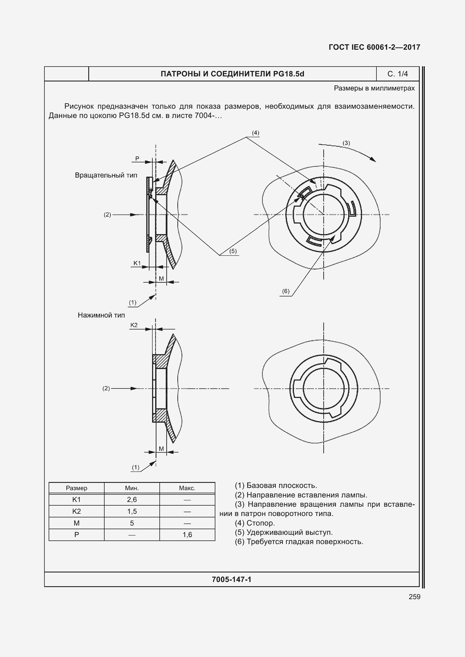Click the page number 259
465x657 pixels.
point(414,597)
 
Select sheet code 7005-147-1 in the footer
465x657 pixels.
point(231,579)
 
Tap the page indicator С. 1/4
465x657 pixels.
point(398,74)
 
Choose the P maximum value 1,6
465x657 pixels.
point(187,535)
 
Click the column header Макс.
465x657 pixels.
point(187,488)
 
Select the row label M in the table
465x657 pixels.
point(76,523)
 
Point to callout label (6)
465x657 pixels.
point(286,291)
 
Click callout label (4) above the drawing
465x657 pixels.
point(255,133)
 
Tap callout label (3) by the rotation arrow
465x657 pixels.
point(346,143)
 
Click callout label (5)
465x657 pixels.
point(233,251)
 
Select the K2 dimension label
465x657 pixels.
point(134,325)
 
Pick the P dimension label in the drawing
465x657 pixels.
point(137,158)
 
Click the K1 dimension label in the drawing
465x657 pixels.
point(137,263)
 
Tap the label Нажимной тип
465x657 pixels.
point(101,315)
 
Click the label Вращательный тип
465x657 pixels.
point(106,175)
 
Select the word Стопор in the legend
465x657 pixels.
point(261,523)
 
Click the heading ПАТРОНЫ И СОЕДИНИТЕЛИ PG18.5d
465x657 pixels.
point(232,74)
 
